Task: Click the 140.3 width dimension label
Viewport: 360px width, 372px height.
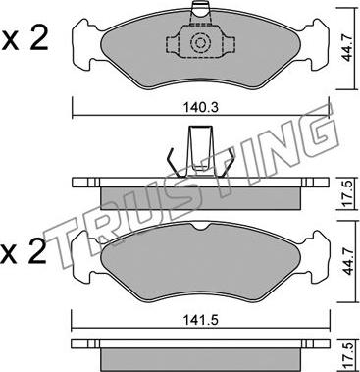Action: (x=201, y=107)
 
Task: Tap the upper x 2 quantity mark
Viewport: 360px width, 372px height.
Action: (x=24, y=38)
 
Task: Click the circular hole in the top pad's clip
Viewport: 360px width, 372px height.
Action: (x=200, y=42)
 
